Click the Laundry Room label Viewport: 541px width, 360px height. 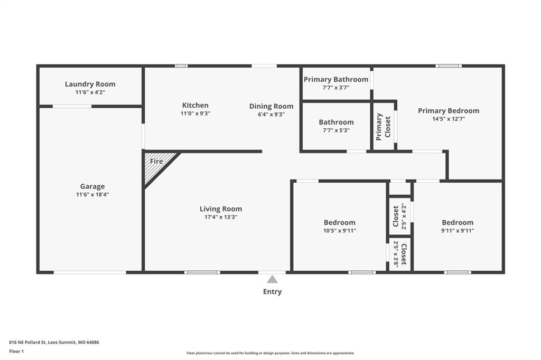[90, 84]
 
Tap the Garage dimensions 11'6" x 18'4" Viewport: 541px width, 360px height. [92, 194]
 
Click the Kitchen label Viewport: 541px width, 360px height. [195, 105]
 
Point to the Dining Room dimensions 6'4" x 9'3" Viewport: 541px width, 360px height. [271, 114]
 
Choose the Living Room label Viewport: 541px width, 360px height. [220, 209]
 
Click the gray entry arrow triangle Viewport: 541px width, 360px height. [272, 279]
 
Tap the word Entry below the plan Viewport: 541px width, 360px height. [272, 291]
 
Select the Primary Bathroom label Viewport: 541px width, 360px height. [336, 79]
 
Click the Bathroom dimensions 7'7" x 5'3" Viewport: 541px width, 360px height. [336, 130]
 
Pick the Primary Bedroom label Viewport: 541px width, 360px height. [449, 110]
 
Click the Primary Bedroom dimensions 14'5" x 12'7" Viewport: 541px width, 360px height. [449, 119]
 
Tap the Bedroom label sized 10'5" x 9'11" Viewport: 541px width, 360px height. [339, 222]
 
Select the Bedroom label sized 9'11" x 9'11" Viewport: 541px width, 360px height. [458, 222]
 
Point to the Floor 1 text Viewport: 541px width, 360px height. [17, 351]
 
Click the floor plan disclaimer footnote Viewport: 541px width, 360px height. [270, 353]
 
